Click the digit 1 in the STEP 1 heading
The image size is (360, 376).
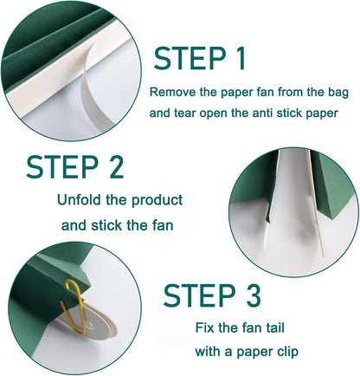coord(241,58)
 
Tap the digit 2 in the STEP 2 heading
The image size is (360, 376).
coord(116,166)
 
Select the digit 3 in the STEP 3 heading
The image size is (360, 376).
coord(253,295)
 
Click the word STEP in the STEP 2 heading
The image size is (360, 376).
coord(62,166)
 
